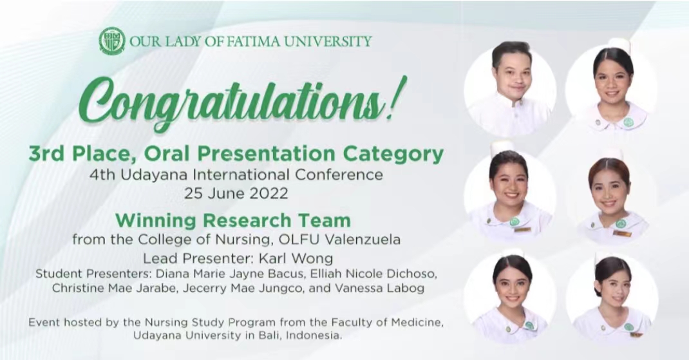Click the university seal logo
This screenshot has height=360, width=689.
click(x=112, y=41)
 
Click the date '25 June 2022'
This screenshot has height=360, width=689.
click(x=236, y=193)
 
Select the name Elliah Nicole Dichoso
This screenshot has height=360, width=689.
click(x=373, y=274)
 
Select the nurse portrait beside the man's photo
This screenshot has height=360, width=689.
click(x=611, y=88)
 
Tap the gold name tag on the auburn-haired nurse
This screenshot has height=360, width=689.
click(x=622, y=233)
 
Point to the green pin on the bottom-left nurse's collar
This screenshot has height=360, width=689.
click(x=529, y=325)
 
